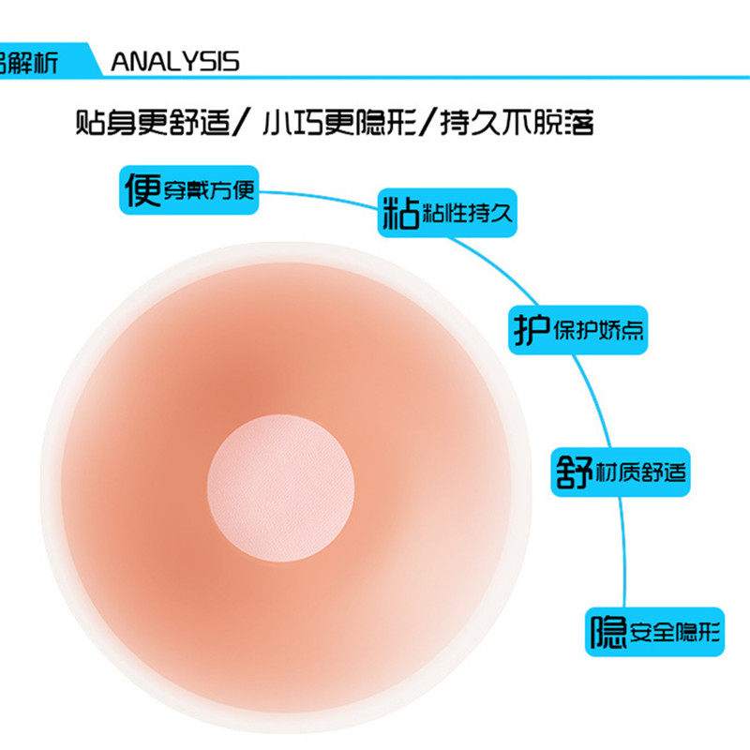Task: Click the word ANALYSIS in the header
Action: tap(175, 62)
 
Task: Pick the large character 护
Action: tap(529, 330)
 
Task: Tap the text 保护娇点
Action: tap(597, 331)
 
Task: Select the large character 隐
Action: tap(607, 634)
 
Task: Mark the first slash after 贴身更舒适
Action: tap(241, 123)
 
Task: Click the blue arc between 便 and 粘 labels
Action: tap(319, 196)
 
